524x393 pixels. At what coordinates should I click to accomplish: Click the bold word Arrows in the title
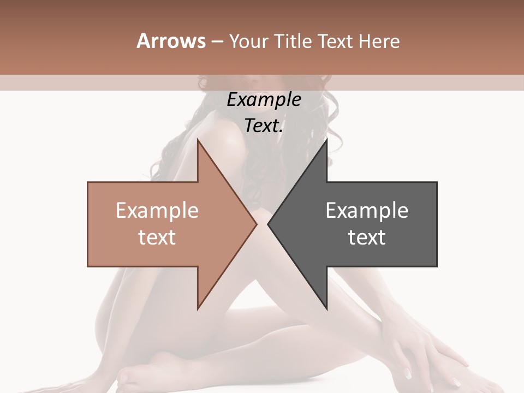(171, 41)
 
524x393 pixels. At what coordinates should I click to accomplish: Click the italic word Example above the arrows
(264, 99)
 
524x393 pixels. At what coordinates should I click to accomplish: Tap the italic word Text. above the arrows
(264, 126)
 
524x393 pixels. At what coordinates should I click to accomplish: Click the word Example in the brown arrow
(157, 210)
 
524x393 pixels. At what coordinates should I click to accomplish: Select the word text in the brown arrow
(157, 237)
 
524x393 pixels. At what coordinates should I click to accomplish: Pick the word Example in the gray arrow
(367, 210)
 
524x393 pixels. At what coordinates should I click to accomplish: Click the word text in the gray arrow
(367, 237)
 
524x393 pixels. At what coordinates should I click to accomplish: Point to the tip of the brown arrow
(257, 224)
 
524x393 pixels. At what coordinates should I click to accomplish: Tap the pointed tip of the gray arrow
(267, 224)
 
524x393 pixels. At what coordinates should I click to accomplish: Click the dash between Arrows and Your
(217, 41)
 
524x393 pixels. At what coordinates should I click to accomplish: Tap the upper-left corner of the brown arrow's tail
(88, 182)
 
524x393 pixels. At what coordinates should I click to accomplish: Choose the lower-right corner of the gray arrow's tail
(437, 266)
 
